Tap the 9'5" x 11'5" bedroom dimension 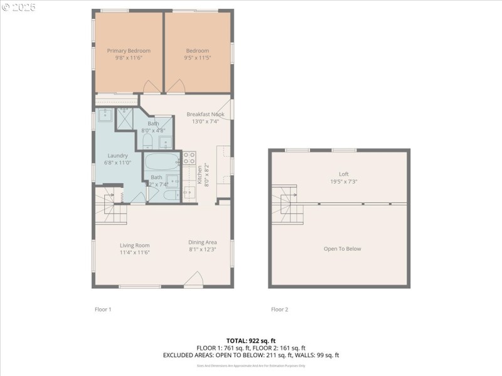(197, 58)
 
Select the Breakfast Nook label (205, 114)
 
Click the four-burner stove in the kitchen (190, 157)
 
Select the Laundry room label (117, 155)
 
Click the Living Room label (134, 245)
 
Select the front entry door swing (194, 279)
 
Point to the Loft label (343, 174)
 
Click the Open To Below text (342, 249)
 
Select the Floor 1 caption (102, 309)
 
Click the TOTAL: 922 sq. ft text (251, 340)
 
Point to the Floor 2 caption (279, 309)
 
